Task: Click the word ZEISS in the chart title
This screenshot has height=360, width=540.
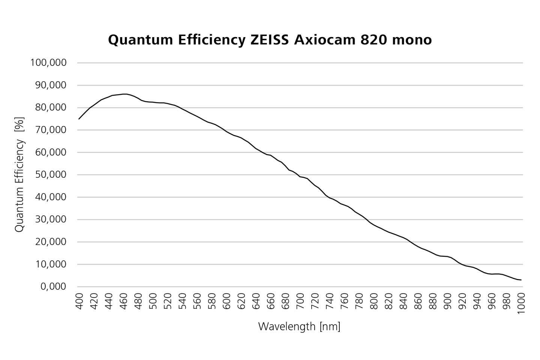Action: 270,40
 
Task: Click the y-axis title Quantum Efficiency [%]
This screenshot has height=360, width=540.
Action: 19,174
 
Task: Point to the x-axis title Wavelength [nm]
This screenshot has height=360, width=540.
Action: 299,326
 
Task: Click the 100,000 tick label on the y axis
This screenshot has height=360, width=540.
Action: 48,63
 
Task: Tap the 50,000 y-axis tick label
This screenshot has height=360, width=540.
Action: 50,175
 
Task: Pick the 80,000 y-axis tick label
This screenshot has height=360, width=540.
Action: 50,108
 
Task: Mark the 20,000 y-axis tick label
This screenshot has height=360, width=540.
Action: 50,242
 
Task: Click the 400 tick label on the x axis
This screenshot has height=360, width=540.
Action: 79,301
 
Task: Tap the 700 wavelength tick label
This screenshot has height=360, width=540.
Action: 300,301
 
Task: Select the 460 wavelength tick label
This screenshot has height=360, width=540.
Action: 123,301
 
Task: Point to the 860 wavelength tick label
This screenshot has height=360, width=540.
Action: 418,301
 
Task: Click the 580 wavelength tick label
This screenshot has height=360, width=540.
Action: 212,301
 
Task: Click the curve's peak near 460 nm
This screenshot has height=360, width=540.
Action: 125,94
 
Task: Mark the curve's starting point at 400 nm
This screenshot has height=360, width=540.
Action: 79,119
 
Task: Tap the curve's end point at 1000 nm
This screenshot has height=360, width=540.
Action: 521,280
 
